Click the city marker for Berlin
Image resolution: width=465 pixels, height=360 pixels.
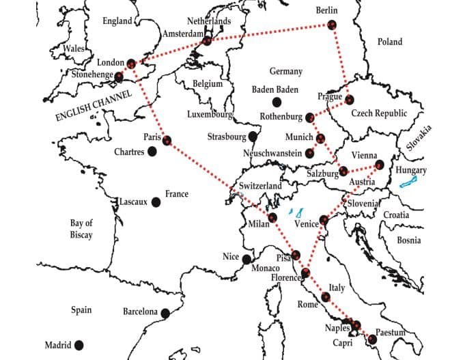tap(332, 25)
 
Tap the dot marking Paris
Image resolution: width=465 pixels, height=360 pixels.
tap(167, 140)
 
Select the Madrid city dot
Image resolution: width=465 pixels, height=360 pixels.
tap(79, 345)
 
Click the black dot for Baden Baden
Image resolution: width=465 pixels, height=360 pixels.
tap(277, 102)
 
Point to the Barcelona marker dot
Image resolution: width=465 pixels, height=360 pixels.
tap(165, 313)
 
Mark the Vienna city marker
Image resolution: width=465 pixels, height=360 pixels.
tap(380, 165)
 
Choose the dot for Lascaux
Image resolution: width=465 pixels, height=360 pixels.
tap(156, 202)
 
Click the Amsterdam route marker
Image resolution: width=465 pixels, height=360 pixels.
tap(207, 42)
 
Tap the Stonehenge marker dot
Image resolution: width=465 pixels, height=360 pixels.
tap(119, 76)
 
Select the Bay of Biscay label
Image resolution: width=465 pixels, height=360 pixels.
tap(81, 229)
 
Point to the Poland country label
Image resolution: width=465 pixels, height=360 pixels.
tap(390, 42)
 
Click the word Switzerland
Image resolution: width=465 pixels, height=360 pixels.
tap(260, 186)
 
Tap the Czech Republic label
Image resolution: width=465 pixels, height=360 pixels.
tap(379, 113)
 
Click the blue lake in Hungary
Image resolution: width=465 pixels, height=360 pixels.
tap(409, 182)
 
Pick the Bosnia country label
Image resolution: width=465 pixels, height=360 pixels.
tap(409, 240)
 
